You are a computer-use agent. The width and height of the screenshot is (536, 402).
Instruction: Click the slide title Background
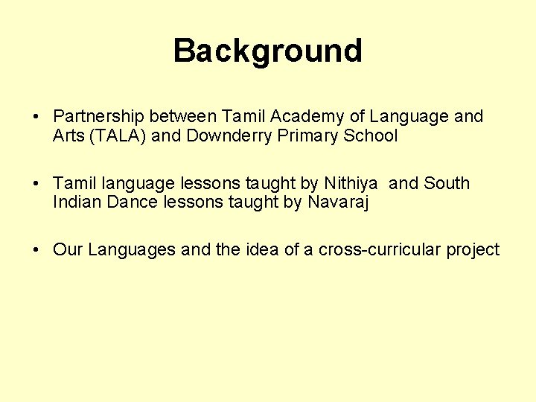[x=268, y=51]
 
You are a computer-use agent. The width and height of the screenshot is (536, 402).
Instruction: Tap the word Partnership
[x=98, y=117]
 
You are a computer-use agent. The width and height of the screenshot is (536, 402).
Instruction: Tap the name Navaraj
[x=338, y=202]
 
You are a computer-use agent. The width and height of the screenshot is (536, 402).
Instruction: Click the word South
[x=447, y=183]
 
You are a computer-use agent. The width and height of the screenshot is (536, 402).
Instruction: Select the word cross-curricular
[x=380, y=249]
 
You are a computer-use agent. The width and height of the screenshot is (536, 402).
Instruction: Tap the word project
[x=473, y=250]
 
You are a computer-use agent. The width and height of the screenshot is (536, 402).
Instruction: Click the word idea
[x=261, y=249]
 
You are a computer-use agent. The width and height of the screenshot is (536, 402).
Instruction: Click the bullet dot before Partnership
[x=36, y=118]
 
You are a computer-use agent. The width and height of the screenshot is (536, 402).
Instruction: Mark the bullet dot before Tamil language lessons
[x=36, y=184]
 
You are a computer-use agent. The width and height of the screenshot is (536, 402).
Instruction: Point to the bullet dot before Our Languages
[x=36, y=250]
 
